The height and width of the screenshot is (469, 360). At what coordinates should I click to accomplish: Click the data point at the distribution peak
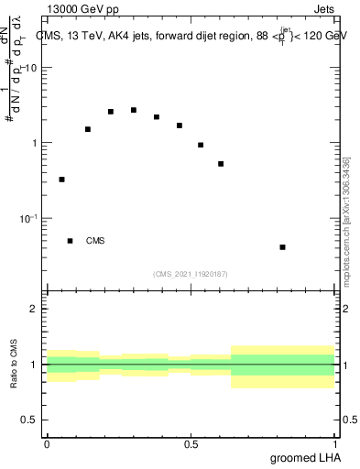[134, 110]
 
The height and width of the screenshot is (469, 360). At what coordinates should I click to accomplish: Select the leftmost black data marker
[61, 180]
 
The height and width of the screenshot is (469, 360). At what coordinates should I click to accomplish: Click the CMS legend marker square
[70, 241]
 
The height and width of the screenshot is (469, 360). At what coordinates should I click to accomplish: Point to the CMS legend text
[95, 242]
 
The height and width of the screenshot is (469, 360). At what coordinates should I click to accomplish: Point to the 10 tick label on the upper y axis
[31, 69]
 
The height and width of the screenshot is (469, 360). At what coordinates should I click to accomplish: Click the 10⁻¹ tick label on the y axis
[28, 218]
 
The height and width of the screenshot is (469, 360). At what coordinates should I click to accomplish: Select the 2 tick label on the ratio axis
[35, 309]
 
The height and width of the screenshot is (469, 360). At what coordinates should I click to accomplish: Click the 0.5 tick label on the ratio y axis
[30, 420]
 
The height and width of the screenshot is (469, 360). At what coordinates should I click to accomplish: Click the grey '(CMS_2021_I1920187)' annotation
[191, 274]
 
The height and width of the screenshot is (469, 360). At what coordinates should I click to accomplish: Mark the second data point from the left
[88, 129]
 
